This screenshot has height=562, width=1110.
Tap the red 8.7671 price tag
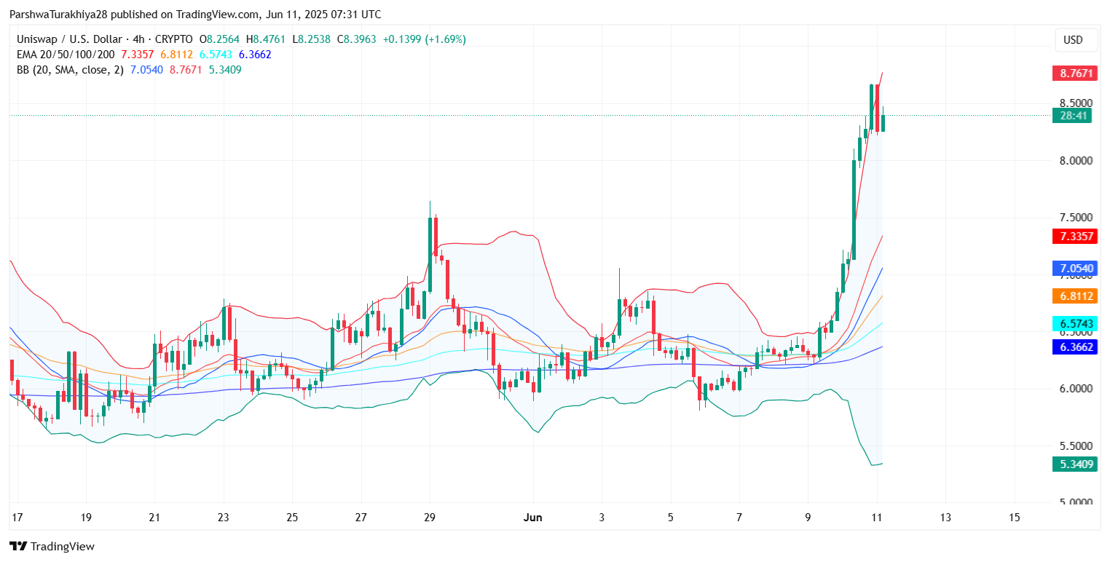[x=1074, y=74]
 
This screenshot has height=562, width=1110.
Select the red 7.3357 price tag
[x=1074, y=236]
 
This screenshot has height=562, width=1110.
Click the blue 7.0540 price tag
[x=1074, y=268]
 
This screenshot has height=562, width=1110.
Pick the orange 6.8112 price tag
[x=1074, y=296]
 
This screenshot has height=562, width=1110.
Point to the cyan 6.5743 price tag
[x=1074, y=323]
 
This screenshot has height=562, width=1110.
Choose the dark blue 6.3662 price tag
[x=1074, y=347]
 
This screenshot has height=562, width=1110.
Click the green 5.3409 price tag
[x=1074, y=464]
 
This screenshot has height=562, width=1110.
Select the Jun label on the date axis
[x=533, y=518]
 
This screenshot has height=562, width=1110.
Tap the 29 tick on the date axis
[x=430, y=518]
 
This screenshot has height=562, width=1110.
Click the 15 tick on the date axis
[x=1015, y=518]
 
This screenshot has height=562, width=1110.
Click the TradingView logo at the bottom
[x=52, y=547]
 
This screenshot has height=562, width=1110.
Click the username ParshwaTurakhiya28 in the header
[x=65, y=15]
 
